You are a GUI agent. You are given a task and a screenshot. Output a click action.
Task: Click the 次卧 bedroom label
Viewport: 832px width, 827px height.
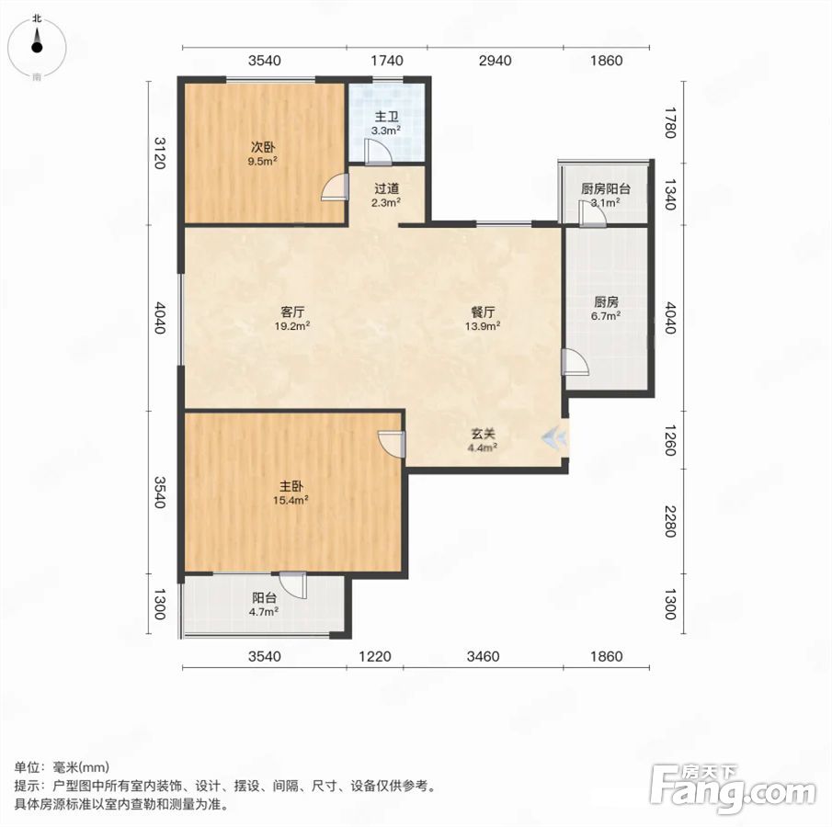click(263, 147)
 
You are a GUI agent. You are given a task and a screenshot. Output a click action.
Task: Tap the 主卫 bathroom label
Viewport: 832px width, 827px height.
click(386, 117)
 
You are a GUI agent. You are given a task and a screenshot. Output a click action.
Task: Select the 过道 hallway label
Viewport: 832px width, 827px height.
click(386, 188)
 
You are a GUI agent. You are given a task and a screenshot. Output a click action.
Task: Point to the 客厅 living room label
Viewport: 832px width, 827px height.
click(292, 312)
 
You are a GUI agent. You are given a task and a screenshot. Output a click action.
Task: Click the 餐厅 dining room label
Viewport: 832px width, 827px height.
click(483, 312)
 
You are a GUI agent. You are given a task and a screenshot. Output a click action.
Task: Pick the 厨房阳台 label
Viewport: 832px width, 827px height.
click(606, 189)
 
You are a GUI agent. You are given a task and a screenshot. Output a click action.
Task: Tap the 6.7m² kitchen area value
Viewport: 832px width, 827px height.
click(606, 316)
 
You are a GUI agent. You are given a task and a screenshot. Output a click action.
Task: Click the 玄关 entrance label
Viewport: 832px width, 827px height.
click(483, 434)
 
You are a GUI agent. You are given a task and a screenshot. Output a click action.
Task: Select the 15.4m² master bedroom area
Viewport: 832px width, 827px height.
click(291, 500)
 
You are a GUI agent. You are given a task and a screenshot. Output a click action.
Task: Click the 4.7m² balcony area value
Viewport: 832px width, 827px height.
click(264, 611)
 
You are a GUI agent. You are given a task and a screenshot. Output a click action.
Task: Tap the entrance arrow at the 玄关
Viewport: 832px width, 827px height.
click(554, 437)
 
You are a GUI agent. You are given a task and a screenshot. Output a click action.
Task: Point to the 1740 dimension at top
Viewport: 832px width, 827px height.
click(387, 61)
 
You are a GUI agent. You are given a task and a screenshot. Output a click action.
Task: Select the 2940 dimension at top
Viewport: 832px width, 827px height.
click(495, 61)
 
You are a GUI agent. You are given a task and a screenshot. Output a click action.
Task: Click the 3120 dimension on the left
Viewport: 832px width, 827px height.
click(160, 153)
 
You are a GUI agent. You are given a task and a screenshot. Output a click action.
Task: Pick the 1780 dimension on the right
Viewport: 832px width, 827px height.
click(671, 122)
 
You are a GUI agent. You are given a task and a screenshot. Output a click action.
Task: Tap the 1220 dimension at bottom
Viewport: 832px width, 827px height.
click(374, 657)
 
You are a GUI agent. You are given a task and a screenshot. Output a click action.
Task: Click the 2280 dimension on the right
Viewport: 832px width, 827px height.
click(671, 521)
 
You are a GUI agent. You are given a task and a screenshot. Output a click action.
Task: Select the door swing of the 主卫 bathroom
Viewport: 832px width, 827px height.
click(379, 152)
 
